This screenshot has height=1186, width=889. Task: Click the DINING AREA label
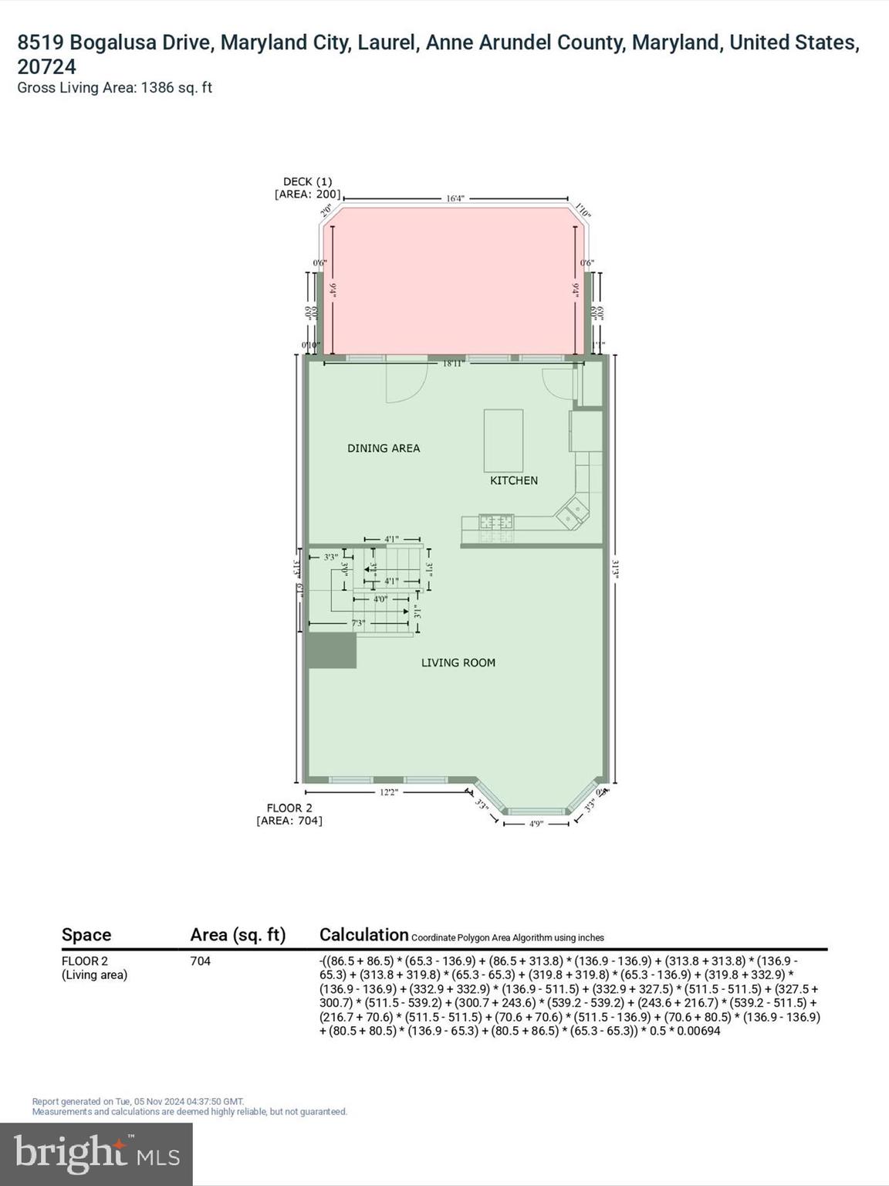pos(384,448)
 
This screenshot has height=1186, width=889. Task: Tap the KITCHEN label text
pos(514,480)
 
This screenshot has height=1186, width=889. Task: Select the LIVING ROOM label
pos(458,662)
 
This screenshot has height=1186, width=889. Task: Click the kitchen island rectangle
pos(503,440)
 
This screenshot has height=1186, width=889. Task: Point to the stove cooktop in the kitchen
pos(496,521)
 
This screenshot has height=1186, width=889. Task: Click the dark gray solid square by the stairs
pos(332,650)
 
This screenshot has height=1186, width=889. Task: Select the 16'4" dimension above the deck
pos(455,198)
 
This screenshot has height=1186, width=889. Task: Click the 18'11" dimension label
pos(452,363)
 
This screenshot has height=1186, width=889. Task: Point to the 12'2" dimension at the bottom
pos(387,791)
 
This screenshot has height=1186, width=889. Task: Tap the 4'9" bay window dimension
pos(536,824)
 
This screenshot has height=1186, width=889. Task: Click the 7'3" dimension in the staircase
pos(359,623)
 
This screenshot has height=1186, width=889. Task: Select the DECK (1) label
pos(307,181)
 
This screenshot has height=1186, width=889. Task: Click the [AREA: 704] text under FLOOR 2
pos(289,821)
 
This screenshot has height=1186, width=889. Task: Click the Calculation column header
pos(363,934)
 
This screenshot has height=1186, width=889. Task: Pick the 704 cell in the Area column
pos(201,961)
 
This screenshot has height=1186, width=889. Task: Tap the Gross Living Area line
pos(114,87)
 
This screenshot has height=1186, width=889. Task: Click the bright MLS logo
pos(96,1154)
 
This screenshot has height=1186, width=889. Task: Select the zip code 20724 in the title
pos(46,66)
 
